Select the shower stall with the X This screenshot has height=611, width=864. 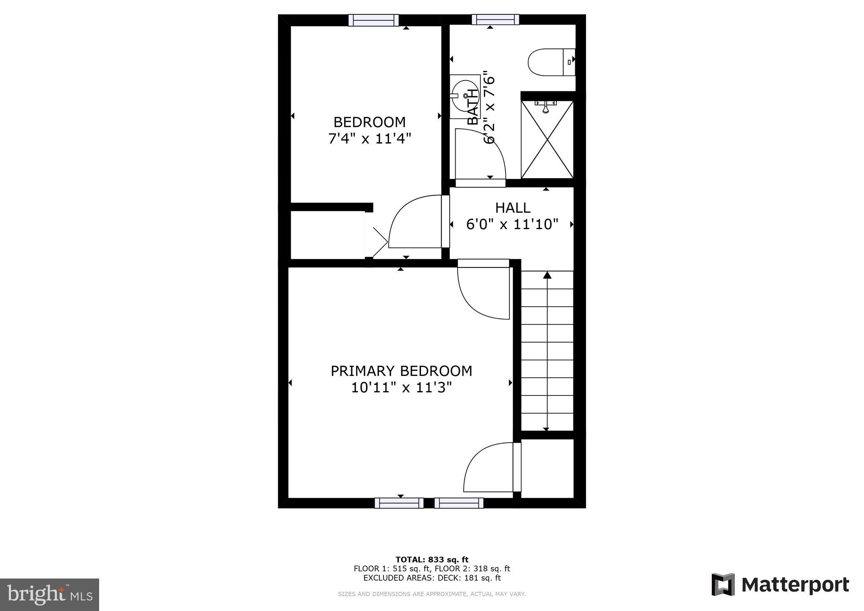[547, 139]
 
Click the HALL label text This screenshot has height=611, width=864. [513, 208]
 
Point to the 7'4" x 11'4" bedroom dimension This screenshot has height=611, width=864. [370, 138]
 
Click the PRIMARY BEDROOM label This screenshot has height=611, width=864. [401, 371]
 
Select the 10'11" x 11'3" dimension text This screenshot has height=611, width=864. [401, 387]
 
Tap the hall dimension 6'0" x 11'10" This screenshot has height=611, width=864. [512, 224]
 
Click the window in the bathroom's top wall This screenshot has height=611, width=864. [495, 19]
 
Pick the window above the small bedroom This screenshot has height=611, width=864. [373, 20]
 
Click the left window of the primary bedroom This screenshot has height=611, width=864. [399, 503]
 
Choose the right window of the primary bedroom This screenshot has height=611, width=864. [459, 503]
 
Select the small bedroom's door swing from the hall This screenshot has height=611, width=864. [413, 222]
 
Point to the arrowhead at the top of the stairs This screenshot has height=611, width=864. [547, 275]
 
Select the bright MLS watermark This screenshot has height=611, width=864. [50, 595]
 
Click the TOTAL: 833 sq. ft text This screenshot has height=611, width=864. [432, 560]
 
